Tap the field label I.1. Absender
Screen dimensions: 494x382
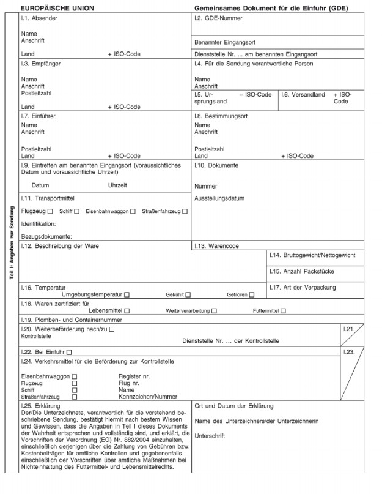point(39,19)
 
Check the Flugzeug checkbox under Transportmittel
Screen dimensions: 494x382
point(50,211)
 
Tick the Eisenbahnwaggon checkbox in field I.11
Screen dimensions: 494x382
point(133,211)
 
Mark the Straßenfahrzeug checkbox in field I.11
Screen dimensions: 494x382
point(185,211)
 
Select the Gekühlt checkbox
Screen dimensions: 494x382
point(188,294)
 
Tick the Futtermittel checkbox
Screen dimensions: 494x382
point(283,311)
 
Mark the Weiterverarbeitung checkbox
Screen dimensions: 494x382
point(214,311)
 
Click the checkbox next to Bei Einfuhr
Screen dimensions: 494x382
point(69,351)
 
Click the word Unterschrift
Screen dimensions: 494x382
point(208,436)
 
